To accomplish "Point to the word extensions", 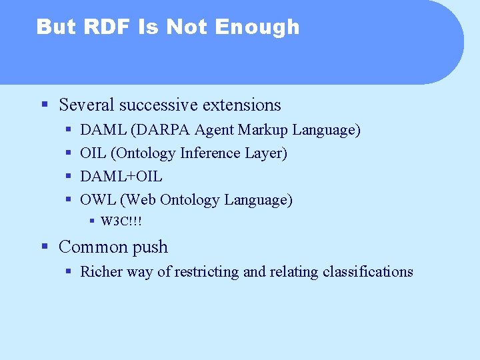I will (x=241, y=105).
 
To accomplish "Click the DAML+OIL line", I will (x=121, y=176).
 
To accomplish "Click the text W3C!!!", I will (x=121, y=221).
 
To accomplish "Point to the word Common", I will (x=89, y=247).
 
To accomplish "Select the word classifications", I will (x=367, y=271).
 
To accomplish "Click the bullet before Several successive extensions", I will (x=44, y=105).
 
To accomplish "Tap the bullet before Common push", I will (x=44, y=247).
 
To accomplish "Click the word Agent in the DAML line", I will (x=215, y=130).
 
